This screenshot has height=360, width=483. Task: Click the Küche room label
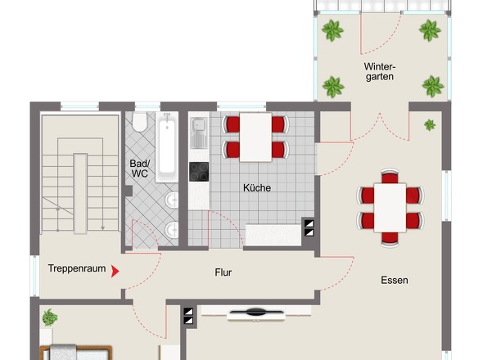pyautogui.click(x=257, y=187)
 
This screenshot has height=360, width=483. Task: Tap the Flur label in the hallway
pyautogui.click(x=223, y=272)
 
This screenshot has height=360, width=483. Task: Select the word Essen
pyautogui.click(x=395, y=280)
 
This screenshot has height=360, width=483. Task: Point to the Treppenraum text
pyautogui.click(x=77, y=268)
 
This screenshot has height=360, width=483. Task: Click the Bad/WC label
pyautogui.click(x=139, y=169)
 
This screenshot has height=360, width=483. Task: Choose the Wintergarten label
pyautogui.click(x=380, y=71)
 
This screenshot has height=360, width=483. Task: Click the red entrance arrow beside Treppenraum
pyautogui.click(x=115, y=272)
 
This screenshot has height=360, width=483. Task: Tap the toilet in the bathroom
pyautogui.click(x=139, y=122)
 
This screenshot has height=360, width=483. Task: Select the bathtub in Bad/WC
pyautogui.click(x=167, y=147)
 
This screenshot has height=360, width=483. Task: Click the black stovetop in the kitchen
pyautogui.click(x=199, y=172)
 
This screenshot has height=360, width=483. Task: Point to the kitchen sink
pyautogui.click(x=199, y=133)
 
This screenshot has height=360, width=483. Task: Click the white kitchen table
pyautogui.click(x=255, y=137)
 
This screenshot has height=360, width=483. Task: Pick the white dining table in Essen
pyautogui.click(x=390, y=208)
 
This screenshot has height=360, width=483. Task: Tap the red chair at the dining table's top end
pyautogui.click(x=390, y=177)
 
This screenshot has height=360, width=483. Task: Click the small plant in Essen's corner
pyautogui.click(x=430, y=124)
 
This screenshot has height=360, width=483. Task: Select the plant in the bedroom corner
pyautogui.click(x=50, y=317)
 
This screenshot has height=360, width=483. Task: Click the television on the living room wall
pyautogui.click(x=255, y=313)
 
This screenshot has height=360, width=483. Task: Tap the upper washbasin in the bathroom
pyautogui.click(x=172, y=200)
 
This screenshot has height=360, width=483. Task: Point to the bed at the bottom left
pyautogui.click(x=76, y=353)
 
